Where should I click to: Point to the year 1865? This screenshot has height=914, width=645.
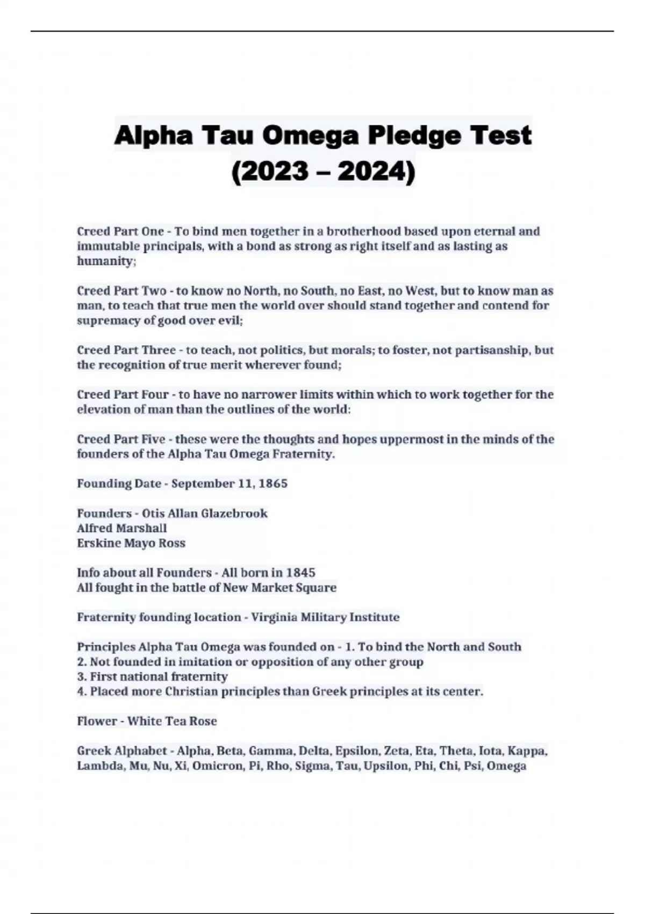pyautogui.click(x=273, y=484)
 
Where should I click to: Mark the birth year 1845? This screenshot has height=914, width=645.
pyautogui.click(x=301, y=573)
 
